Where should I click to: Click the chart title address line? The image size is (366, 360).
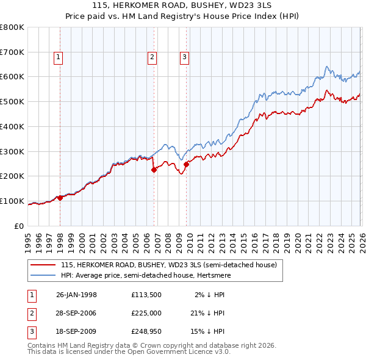coord(183,5)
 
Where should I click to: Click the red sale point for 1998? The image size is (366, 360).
coord(60,198)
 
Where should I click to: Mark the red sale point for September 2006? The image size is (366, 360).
coord(154,170)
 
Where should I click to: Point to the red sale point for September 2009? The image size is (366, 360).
coord(186,164)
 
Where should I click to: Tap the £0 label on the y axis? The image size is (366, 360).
coord(18,226)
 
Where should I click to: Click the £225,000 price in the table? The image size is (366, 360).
coord(146,313)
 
